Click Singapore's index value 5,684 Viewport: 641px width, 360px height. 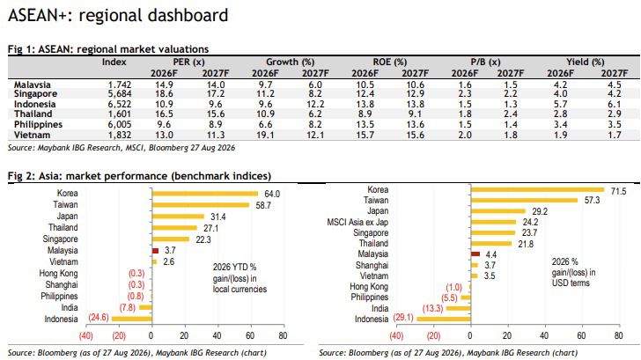(x=120, y=94)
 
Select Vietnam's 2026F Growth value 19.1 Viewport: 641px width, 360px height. (x=265, y=136)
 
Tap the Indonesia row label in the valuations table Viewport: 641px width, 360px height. (x=34, y=104)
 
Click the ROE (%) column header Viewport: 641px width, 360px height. (x=389, y=62)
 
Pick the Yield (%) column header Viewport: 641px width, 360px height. (x=586, y=62)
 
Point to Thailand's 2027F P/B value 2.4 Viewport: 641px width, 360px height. (x=510, y=114)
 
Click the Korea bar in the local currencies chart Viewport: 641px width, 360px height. (x=205, y=194)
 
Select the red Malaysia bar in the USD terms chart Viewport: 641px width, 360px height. (x=475, y=254)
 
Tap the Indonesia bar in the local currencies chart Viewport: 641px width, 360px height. (x=132, y=319)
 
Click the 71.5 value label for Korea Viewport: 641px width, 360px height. (x=618, y=191)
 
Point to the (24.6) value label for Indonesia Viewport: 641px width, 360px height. (x=99, y=318)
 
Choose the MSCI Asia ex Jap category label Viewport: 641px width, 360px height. (x=357, y=223)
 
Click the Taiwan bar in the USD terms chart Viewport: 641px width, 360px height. (x=525, y=200)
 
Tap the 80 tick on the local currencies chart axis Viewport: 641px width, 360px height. (x=283, y=336)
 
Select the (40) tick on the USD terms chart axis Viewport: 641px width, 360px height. (x=396, y=336)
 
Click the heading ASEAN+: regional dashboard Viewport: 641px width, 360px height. (x=118, y=16)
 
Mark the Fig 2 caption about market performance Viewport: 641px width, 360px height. (x=139, y=176)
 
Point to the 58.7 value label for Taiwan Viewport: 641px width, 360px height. (x=263, y=206)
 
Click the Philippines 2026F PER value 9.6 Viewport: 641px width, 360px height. (x=164, y=125)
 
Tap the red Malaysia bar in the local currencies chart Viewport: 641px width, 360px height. (x=155, y=251)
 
